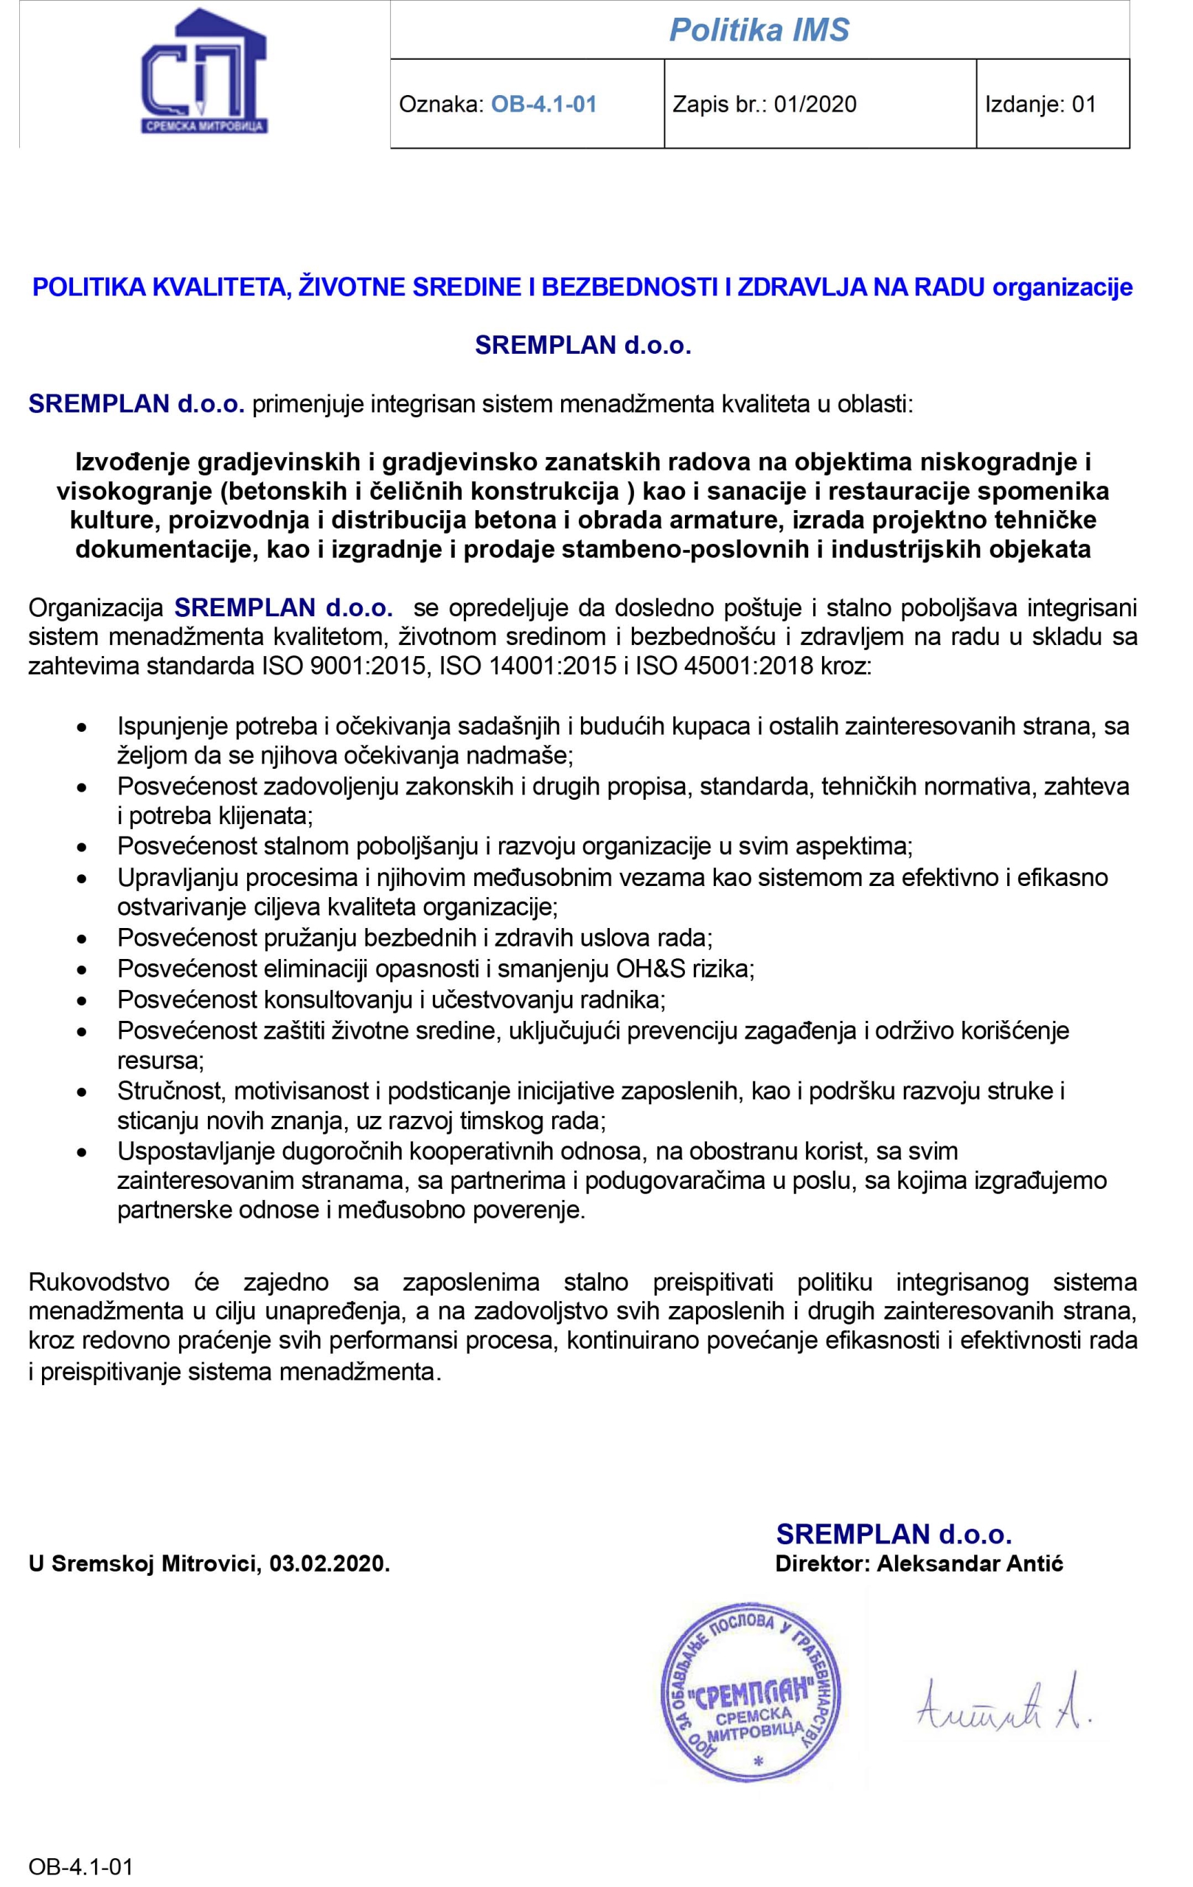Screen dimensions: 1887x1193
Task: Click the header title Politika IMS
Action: coord(759,30)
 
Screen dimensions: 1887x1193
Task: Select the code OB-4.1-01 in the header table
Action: coord(544,104)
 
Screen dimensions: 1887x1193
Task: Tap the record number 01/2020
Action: coord(815,104)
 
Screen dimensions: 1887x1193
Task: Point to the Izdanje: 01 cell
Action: coord(1040,104)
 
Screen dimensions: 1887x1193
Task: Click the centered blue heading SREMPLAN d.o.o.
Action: coord(582,346)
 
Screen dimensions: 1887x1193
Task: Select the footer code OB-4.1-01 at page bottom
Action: coord(80,1866)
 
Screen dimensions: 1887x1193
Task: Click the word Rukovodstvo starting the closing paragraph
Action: coord(99,1283)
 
